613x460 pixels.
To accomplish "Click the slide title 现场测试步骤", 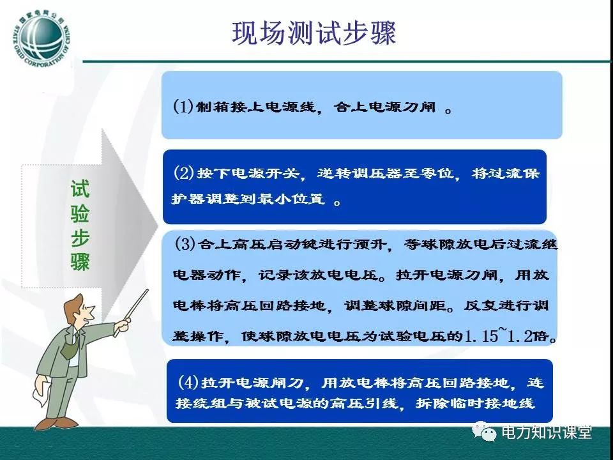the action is click(314, 33).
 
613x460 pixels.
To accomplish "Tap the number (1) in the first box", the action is click(183, 106).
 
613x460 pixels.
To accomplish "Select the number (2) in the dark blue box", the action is click(184, 172).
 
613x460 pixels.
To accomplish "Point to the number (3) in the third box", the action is click(185, 244).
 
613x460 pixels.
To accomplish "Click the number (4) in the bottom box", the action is click(188, 382).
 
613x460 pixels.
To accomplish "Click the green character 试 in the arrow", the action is click(80, 189).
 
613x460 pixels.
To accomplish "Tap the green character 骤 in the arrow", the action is click(80, 261).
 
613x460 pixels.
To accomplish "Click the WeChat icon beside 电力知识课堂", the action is click(485, 432).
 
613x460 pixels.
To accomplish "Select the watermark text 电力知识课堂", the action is click(547, 433).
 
